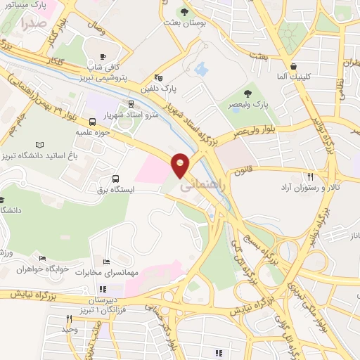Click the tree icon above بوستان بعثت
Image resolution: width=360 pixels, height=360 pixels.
coord(184,12)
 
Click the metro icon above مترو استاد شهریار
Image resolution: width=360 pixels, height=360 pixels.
coord(130,103)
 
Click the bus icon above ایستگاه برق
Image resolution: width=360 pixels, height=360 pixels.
coord(115,179)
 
